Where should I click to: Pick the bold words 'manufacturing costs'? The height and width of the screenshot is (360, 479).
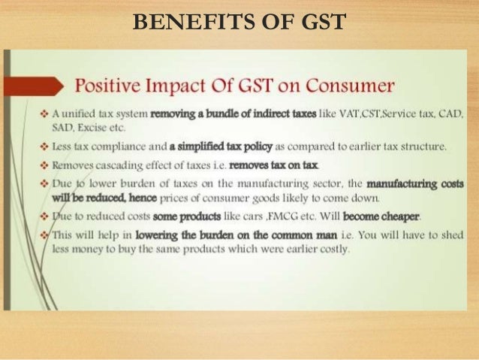point(416,183)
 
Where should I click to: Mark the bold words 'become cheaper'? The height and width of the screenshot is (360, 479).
point(383,216)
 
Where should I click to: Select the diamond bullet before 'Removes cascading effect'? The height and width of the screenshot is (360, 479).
point(44,163)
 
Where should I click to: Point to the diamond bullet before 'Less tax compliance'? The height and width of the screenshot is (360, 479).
point(44,147)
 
